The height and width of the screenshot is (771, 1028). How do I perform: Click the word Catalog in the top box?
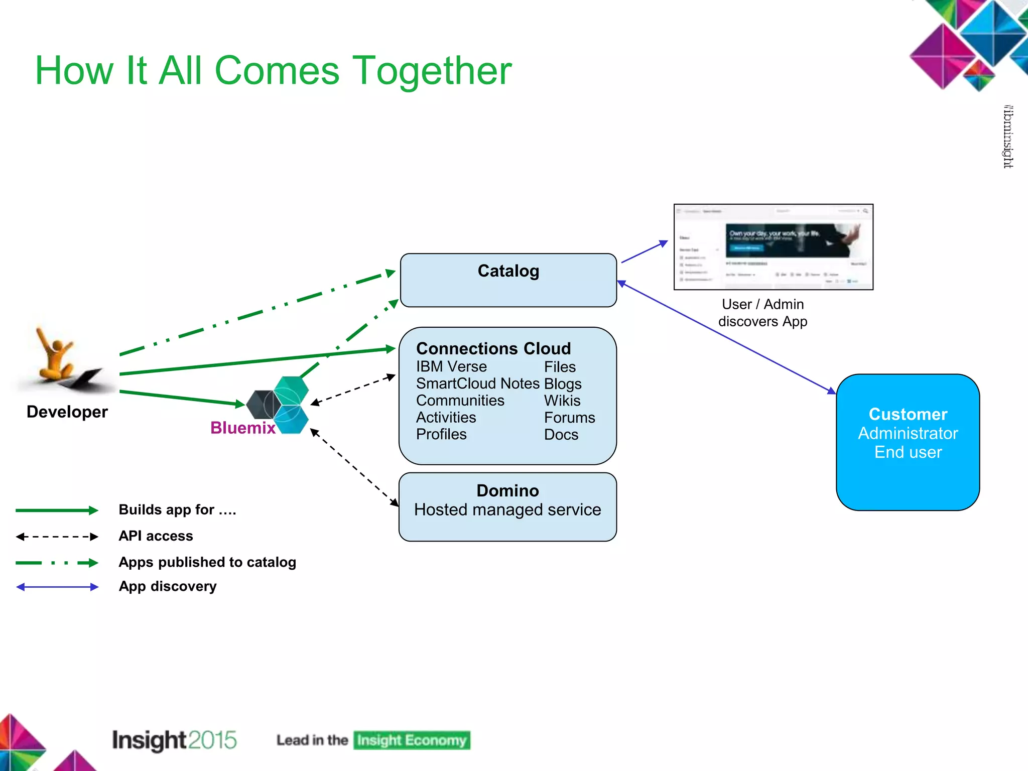click(x=508, y=271)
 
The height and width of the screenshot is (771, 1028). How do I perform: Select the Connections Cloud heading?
click(x=493, y=348)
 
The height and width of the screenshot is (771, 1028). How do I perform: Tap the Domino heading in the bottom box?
click(x=507, y=490)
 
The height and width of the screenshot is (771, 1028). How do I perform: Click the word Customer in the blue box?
click(x=908, y=414)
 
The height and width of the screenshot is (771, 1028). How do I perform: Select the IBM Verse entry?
click(x=451, y=366)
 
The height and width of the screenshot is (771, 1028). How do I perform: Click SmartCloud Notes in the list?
click(x=477, y=383)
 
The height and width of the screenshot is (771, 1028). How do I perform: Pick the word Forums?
click(x=569, y=418)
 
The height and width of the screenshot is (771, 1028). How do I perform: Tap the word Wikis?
click(x=562, y=401)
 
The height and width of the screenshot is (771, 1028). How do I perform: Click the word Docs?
click(x=561, y=435)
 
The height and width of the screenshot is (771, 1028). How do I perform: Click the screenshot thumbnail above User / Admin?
click(x=773, y=246)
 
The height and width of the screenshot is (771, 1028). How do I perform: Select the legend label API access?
click(x=156, y=536)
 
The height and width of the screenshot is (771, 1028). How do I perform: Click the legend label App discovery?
click(x=168, y=586)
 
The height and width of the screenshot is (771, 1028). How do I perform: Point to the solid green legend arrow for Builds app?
click(x=57, y=510)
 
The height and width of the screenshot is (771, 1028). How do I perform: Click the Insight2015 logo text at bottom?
click(x=174, y=740)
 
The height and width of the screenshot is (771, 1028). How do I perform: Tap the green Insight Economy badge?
click(x=412, y=740)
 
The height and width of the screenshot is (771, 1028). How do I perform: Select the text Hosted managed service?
click(x=507, y=510)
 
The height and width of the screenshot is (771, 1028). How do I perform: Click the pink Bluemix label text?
click(x=243, y=428)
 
